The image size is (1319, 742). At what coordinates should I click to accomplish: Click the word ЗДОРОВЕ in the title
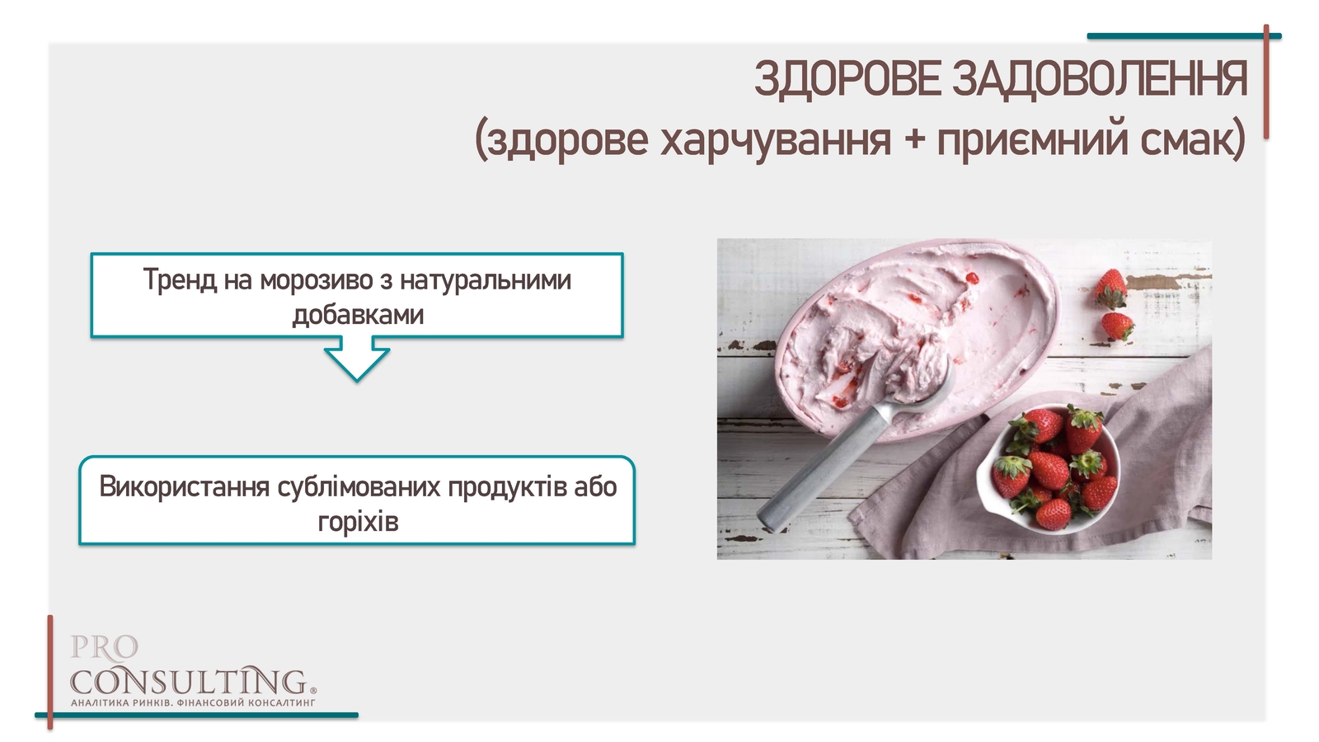tap(847, 79)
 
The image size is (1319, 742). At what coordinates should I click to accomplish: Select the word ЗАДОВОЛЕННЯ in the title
tap(1100, 79)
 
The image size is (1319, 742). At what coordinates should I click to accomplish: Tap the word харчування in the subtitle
tap(775, 140)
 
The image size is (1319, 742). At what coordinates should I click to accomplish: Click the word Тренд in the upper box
tap(180, 280)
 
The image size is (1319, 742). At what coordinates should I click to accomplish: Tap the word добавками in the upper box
tap(358, 314)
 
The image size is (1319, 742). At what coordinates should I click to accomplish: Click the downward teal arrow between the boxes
tap(357, 358)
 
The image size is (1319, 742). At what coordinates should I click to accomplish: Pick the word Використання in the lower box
tap(185, 487)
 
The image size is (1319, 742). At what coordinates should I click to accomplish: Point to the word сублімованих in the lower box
tap(359, 487)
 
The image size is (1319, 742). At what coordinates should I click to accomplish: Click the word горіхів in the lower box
tap(358, 522)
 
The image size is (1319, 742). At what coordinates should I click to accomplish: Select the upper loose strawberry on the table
tap(1110, 289)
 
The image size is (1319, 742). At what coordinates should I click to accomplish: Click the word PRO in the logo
tap(104, 647)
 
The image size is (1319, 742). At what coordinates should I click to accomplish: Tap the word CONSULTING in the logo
tap(190, 681)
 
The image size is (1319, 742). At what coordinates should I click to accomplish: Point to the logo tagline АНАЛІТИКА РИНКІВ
tap(121, 702)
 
